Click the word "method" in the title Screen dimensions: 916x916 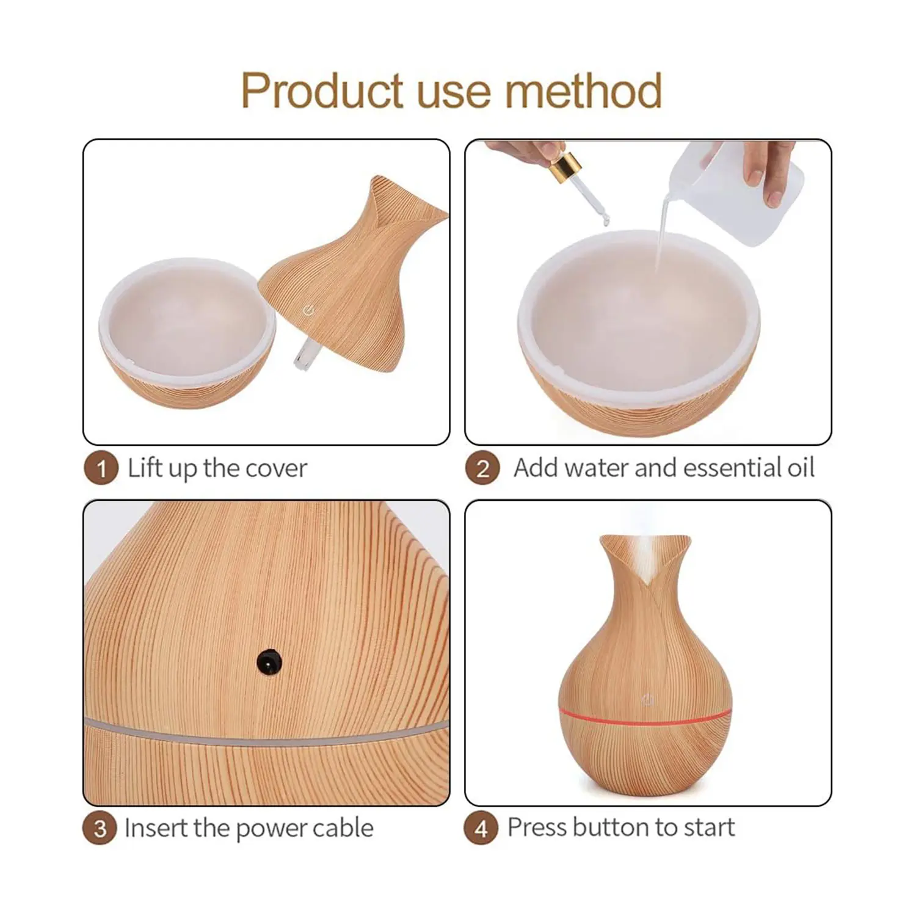coord(584,90)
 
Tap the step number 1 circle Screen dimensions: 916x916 coord(101,469)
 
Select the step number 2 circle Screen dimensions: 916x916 coord(482,469)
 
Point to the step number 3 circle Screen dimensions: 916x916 coord(100,829)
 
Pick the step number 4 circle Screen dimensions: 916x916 coord(481,829)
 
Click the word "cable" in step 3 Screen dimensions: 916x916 coord(343,828)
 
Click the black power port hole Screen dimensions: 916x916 coord(269,661)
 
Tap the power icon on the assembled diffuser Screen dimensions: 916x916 coord(647,700)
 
